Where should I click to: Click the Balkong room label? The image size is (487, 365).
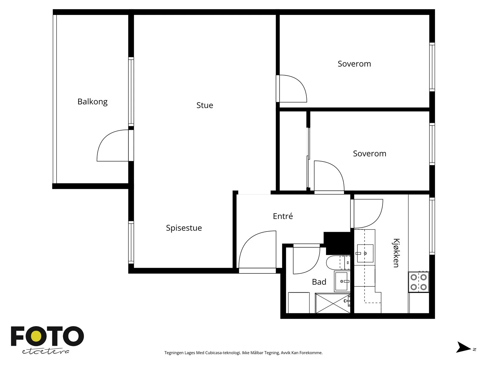click(x=92, y=102)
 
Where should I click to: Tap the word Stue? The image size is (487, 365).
click(x=205, y=105)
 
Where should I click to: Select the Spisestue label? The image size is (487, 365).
click(x=184, y=228)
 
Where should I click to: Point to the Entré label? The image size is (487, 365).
click(x=283, y=216)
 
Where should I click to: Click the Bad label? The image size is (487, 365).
click(x=319, y=282)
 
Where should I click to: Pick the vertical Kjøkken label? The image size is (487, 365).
click(x=396, y=253)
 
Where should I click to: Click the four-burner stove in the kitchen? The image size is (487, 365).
click(x=419, y=282)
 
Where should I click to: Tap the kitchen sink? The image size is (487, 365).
click(x=365, y=253)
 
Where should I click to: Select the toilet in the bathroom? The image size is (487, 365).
click(x=338, y=262)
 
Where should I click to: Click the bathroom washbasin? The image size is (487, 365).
click(x=342, y=281)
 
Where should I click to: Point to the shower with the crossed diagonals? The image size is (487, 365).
click(x=333, y=303)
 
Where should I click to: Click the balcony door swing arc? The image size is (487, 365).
click(x=104, y=137)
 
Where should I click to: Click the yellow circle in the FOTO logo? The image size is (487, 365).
click(x=36, y=336)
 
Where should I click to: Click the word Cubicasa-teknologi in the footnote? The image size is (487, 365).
click(x=223, y=353)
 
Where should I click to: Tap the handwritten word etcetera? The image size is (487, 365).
click(x=45, y=351)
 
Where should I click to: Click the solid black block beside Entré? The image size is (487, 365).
click(x=337, y=243)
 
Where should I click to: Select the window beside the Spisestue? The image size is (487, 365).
click(x=131, y=242)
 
